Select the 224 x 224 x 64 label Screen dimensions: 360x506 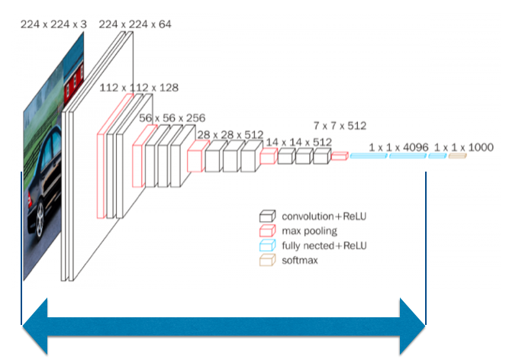click(135, 24)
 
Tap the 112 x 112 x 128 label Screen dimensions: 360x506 click(139, 88)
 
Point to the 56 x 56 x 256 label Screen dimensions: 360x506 click(172, 118)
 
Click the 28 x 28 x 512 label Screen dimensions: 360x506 click(228, 134)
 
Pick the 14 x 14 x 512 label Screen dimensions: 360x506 click(298, 142)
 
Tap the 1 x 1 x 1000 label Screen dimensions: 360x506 click(463, 146)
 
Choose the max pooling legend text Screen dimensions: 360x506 click(309, 231)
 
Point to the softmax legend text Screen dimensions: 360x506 click(300, 260)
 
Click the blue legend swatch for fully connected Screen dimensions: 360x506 click(266, 246)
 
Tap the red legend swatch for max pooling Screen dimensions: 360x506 click(266, 231)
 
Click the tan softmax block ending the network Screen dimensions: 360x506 click(457, 156)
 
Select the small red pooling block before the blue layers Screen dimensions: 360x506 click(340, 156)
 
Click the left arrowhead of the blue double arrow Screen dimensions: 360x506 click(34, 326)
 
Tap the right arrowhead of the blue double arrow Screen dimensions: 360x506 click(413, 326)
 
